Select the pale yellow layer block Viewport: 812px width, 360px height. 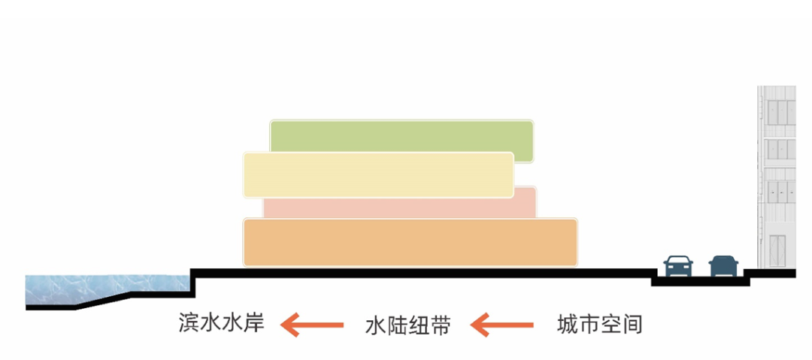[x=378, y=174]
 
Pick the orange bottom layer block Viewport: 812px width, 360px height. [x=410, y=242]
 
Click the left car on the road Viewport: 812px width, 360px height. [x=678, y=265]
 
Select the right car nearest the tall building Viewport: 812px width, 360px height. [x=723, y=265]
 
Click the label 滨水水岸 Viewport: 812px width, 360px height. [x=222, y=324]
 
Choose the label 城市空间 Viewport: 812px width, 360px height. [x=600, y=325]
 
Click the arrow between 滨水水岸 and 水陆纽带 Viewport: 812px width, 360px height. [x=312, y=325]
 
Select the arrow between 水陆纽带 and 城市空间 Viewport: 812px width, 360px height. [x=502, y=325]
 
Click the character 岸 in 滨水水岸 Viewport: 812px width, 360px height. [x=254, y=324]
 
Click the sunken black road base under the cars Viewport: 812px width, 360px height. [x=700, y=282]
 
